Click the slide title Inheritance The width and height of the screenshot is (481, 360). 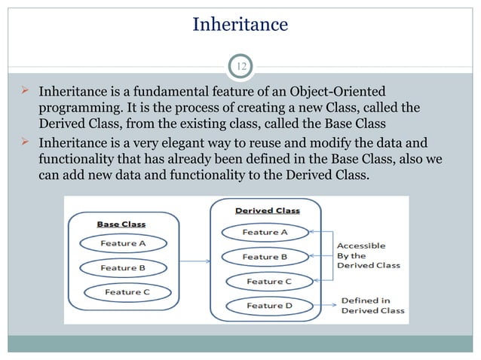click(240, 25)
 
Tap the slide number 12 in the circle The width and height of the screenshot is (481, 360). click(240, 68)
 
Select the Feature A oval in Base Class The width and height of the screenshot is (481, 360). click(123, 243)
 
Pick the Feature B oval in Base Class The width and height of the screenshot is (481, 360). click(123, 267)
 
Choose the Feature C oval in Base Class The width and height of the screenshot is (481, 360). click(127, 291)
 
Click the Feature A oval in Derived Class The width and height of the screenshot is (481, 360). click(265, 233)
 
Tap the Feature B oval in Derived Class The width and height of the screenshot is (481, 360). click(265, 257)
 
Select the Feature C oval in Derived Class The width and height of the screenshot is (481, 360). click(269, 282)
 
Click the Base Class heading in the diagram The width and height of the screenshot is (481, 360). click(122, 224)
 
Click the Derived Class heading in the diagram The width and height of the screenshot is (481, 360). click(268, 211)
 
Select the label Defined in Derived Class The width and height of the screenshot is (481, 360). click(372, 305)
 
